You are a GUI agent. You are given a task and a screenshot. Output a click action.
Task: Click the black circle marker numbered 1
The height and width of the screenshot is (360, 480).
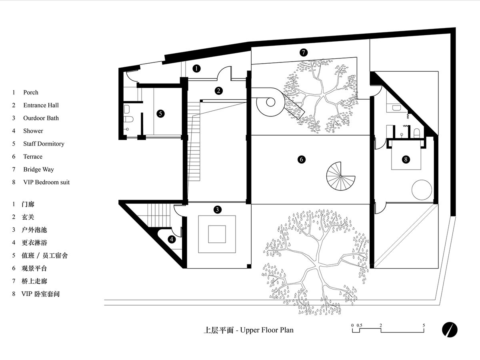(x=196, y=69)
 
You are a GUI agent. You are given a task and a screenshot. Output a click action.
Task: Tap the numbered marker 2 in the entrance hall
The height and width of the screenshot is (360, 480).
(x=218, y=91)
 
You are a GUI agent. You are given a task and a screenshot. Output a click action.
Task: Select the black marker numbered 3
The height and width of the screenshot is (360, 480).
(x=217, y=210)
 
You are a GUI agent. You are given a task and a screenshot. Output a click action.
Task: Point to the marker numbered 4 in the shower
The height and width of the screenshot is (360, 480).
(x=172, y=239)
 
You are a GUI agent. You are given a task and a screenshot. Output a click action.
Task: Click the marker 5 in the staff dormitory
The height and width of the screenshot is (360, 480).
(x=160, y=114)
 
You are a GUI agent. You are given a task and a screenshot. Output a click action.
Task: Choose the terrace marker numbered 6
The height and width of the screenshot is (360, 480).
(x=301, y=159)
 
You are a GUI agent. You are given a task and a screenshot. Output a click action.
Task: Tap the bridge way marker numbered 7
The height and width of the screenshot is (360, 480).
(x=303, y=52)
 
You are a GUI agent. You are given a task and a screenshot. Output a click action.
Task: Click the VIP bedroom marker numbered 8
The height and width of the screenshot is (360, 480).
(x=406, y=159)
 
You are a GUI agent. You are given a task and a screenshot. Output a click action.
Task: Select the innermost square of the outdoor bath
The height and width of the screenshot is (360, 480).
(x=217, y=234)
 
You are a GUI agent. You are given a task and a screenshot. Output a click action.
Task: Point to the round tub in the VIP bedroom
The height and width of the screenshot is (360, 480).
(x=422, y=190)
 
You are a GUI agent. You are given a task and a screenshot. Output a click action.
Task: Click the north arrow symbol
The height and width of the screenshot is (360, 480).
(x=450, y=330)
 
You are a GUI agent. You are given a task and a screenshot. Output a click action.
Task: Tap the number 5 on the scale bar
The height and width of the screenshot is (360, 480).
(x=424, y=325)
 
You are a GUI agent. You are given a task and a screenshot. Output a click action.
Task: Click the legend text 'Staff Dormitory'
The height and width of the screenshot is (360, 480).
(x=44, y=144)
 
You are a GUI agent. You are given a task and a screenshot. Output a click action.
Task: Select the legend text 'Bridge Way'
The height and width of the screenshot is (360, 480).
(x=38, y=170)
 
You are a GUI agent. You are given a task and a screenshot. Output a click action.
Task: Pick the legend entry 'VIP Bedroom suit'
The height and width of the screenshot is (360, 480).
(x=46, y=182)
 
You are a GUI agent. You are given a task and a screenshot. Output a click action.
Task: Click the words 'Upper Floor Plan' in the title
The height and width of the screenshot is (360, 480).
(x=267, y=330)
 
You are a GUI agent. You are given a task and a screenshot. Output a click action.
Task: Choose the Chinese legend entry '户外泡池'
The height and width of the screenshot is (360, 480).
(x=34, y=230)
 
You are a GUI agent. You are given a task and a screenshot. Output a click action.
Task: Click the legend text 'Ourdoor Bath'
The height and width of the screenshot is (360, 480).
(x=41, y=118)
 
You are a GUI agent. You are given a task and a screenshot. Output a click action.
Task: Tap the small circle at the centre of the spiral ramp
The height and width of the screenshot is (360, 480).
(x=270, y=102)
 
